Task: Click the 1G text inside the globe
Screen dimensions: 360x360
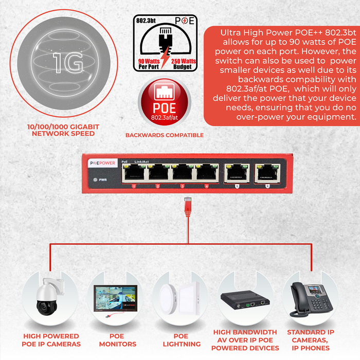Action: (x=68, y=63)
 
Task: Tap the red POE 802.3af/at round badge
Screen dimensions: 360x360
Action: (x=165, y=102)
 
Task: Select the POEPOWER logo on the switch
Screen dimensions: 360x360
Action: (x=103, y=163)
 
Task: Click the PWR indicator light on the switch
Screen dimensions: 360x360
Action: (x=95, y=180)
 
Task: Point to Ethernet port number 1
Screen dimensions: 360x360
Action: (x=134, y=172)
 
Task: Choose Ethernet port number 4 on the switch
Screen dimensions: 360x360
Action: (x=207, y=172)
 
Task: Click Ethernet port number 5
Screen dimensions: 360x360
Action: (x=237, y=173)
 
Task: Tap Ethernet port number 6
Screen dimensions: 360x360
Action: (x=267, y=173)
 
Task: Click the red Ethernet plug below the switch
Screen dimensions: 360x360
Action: (x=188, y=207)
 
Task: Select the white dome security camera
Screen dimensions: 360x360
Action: (x=49, y=297)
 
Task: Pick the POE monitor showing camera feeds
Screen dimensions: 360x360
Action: (x=116, y=298)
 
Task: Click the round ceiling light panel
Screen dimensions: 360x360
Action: (x=169, y=299)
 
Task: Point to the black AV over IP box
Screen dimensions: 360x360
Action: (x=245, y=300)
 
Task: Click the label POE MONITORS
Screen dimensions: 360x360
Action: (x=118, y=340)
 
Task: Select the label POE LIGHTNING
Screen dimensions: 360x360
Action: (x=182, y=340)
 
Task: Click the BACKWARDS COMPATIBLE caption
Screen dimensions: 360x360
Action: (x=165, y=135)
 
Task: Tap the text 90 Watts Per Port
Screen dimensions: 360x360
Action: (x=149, y=64)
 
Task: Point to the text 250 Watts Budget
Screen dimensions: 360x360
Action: (x=183, y=64)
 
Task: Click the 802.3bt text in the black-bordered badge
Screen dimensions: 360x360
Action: (x=146, y=21)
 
